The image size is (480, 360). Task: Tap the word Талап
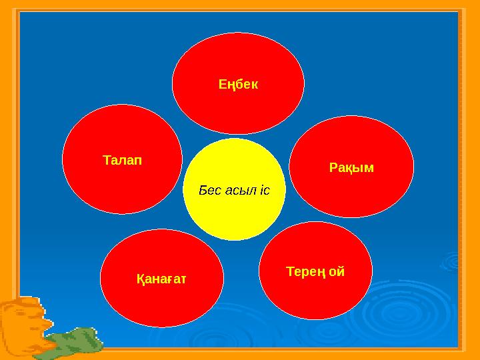123,161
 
